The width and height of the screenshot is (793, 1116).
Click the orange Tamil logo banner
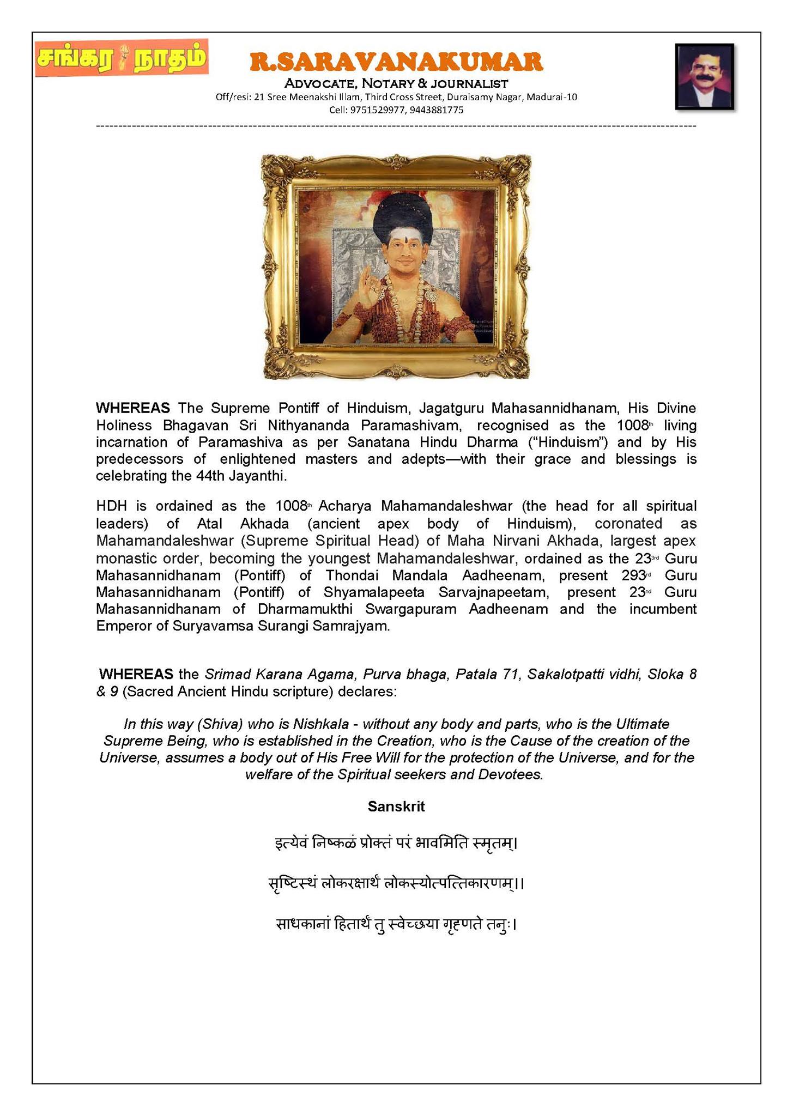pyautogui.click(x=121, y=58)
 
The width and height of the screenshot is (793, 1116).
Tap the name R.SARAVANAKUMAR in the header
pyautogui.click(x=396, y=62)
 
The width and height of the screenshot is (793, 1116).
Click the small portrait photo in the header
pyautogui.click(x=704, y=77)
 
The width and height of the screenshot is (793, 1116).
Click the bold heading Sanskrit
pyautogui.click(x=396, y=806)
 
